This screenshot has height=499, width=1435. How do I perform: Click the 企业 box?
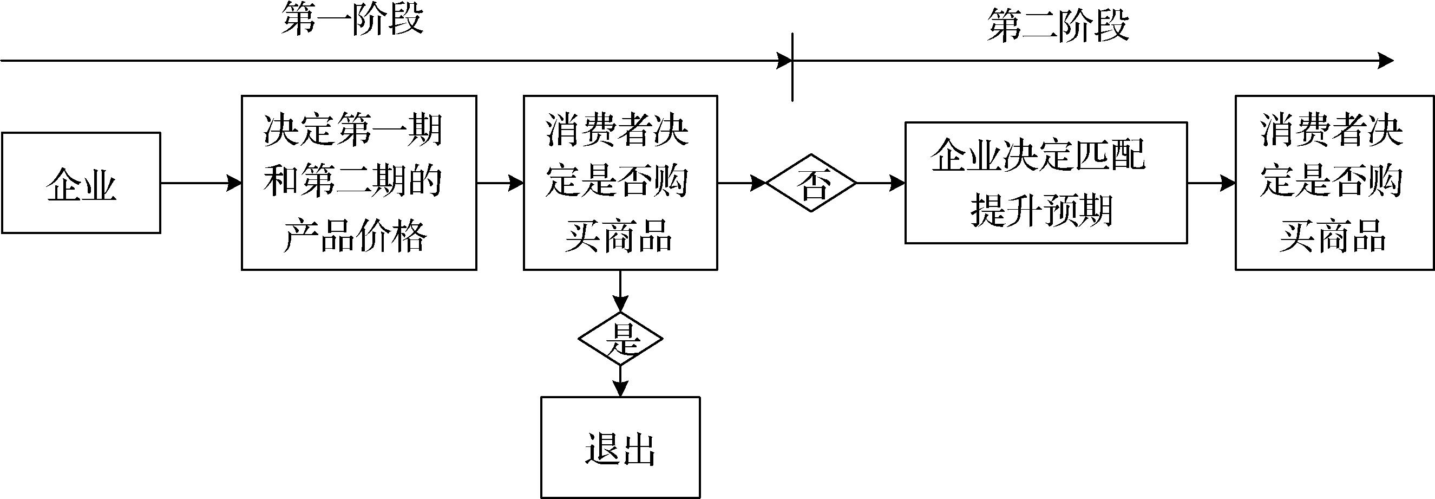click(x=81, y=182)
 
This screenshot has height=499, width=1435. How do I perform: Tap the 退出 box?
click(x=620, y=447)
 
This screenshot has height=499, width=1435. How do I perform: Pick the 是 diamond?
click(x=620, y=339)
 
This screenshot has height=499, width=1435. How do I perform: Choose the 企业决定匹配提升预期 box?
click(x=1046, y=182)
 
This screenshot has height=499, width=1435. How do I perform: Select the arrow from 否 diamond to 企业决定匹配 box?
click(x=881, y=182)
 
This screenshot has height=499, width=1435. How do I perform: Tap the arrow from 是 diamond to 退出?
click(x=620, y=381)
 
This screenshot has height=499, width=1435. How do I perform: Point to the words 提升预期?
click(x=1041, y=211)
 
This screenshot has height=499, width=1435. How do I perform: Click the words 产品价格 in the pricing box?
click(x=356, y=236)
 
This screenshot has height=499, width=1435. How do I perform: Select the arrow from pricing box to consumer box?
click(x=500, y=182)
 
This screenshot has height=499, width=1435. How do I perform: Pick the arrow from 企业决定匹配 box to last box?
click(x=1211, y=182)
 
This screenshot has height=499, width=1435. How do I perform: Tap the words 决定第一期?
click(x=353, y=131)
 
